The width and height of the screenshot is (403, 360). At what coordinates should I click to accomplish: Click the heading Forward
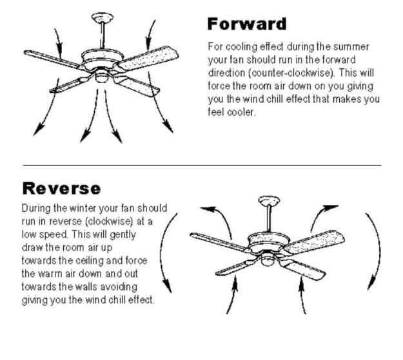pos(247,24)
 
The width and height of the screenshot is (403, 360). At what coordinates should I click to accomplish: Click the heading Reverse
pos(61,188)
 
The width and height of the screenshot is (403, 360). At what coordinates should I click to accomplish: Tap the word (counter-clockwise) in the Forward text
pos(291,73)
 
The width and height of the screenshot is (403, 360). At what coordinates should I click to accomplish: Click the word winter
pos(83,208)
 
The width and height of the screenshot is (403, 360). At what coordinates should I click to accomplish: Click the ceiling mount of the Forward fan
pos(103,17)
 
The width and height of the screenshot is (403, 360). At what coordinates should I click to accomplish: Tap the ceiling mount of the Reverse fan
pos(269,200)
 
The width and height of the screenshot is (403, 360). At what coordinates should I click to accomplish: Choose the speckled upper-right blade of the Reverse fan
pos(313,242)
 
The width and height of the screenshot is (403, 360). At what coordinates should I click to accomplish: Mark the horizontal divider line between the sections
pos(202,166)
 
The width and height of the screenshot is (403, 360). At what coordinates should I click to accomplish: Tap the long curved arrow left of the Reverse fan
pos(161,253)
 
